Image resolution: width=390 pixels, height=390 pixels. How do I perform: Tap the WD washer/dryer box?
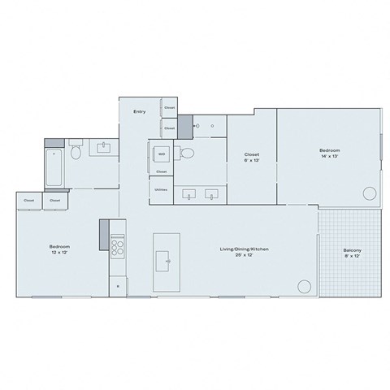coord(161,154)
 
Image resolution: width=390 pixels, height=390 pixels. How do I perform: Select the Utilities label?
coord(161,188)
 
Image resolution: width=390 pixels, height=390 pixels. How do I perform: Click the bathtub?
coord(54,167)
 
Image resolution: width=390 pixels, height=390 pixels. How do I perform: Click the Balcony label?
coord(352,249)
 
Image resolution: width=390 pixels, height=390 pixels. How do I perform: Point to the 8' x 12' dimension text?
coord(352,257)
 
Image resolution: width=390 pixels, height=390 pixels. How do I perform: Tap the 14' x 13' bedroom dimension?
coord(329,158)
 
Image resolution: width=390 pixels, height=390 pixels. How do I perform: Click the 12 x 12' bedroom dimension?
coord(59,253)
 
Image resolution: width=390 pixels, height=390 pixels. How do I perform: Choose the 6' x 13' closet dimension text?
coord(252,161)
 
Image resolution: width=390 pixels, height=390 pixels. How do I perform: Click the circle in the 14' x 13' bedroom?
coord(370,193)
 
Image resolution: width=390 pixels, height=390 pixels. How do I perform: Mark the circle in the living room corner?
coord(304,285)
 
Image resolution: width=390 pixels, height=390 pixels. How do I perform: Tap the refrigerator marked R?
coord(119,285)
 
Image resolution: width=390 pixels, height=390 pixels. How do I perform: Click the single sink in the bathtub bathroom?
coord(104,147)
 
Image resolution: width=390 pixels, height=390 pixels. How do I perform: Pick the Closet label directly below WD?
coord(161,171)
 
